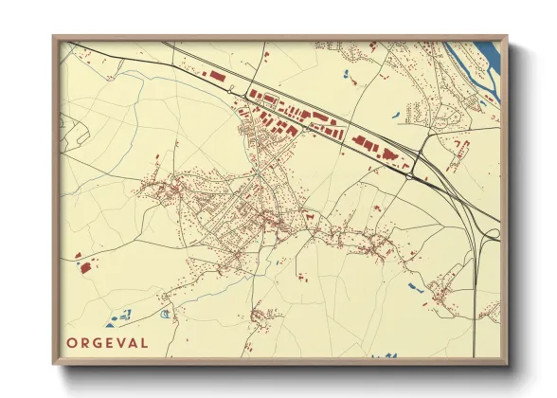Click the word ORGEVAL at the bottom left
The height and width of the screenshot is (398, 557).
coord(107,343)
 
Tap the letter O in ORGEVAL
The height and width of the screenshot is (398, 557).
coord(73,343)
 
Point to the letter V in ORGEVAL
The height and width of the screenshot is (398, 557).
coord(119,343)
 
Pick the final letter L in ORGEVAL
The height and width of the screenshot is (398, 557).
coord(143,343)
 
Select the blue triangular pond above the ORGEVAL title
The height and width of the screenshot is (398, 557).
coord(121,316)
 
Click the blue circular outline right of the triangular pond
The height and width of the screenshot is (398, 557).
coord(167,314)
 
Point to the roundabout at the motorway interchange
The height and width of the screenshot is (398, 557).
coord(409,173)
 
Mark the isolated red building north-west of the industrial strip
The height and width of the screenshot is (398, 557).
coord(217,74)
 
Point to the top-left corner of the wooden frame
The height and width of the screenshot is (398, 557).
coord(53,37)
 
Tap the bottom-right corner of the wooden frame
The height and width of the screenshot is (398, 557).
coord(507,365)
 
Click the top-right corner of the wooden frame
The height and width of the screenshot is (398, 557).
coord(507,37)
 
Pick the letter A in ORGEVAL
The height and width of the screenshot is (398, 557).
coord(132,343)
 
